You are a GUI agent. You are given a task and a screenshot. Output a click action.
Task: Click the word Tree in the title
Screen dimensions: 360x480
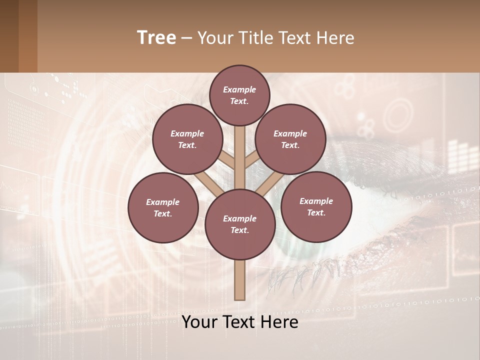coord(156,37)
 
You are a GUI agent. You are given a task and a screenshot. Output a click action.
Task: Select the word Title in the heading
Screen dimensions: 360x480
coord(255,38)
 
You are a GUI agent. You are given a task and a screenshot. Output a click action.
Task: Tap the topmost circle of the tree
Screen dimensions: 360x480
coord(239,95)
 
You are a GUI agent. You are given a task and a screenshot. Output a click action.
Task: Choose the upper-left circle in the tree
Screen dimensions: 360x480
coord(187,139)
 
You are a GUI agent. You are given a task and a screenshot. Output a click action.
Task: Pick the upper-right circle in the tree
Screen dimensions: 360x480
coord(290,139)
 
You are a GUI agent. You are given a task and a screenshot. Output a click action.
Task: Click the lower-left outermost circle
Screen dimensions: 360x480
coord(163,207)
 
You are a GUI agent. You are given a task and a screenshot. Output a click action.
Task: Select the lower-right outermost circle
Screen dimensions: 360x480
coord(316,206)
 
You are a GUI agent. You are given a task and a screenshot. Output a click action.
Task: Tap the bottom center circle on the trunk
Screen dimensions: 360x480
coord(240,224)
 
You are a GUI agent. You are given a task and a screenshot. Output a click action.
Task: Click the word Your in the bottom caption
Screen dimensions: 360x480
coord(200,321)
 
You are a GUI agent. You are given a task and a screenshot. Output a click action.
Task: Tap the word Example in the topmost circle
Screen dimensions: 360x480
coord(239,89)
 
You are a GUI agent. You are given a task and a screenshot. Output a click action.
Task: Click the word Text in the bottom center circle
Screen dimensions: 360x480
coord(239,230)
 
